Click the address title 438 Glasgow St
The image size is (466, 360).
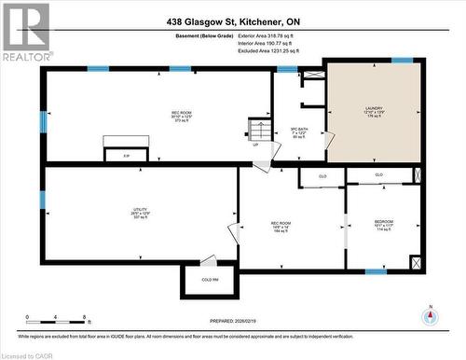[233, 21]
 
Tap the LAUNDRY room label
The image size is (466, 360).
[374, 110]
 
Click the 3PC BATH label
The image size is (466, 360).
[299, 132]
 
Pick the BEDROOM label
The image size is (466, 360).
[384, 225]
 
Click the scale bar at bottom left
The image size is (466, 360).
[56, 316]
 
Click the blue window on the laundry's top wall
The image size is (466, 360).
[402, 61]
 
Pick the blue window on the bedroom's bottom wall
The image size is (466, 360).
[376, 271]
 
